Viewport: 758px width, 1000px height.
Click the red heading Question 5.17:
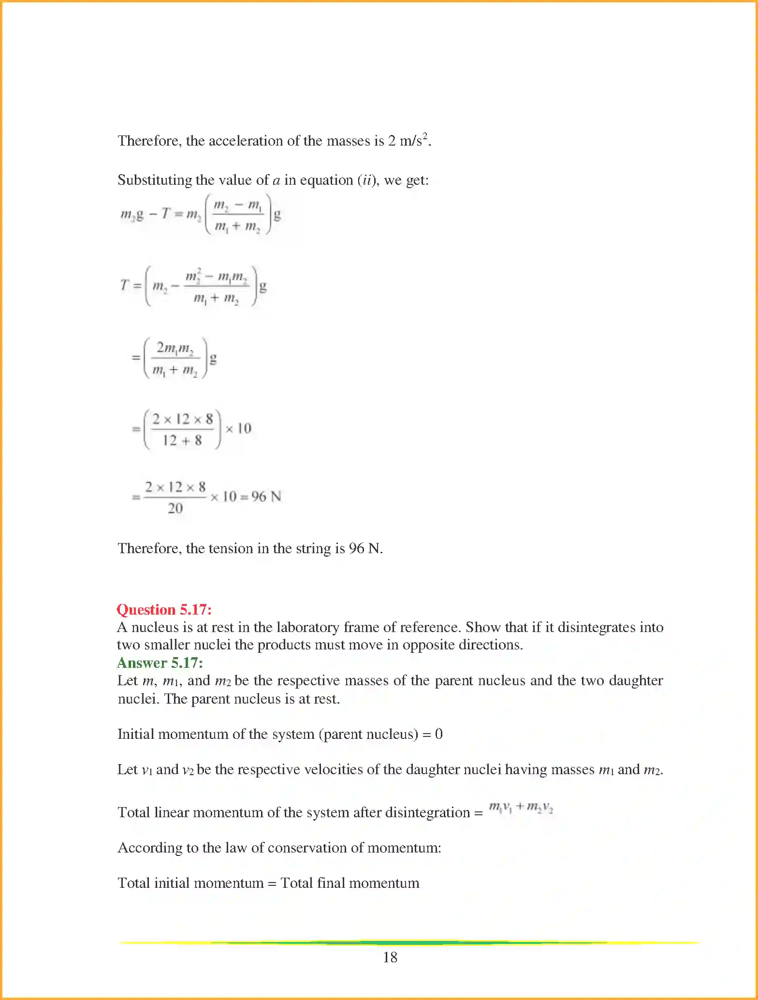coord(164,609)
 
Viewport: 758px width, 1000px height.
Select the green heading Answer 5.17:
coord(160,662)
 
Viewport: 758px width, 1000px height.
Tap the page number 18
coord(390,957)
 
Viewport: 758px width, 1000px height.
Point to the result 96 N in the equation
coord(266,497)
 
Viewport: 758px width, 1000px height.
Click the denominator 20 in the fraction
coord(175,508)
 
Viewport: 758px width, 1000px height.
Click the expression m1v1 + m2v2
coord(521,808)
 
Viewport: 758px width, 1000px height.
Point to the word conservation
coord(313,848)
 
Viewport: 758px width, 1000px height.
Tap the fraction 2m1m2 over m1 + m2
coord(175,358)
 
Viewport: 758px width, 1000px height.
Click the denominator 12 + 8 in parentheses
coord(182,441)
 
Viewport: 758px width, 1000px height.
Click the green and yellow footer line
coord(408,942)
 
